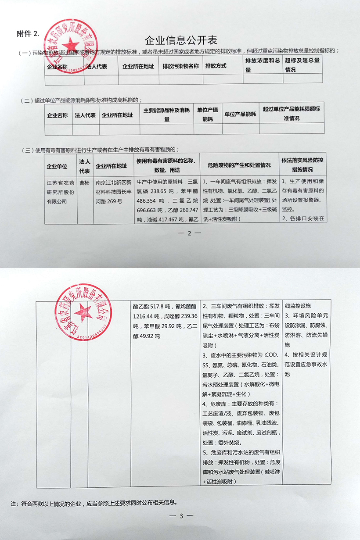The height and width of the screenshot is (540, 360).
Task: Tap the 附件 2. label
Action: pos(28,33)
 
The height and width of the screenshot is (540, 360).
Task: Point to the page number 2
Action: pos(190,233)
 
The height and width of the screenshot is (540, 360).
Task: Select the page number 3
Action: pos(180,516)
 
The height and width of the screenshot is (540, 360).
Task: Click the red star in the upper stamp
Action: pos(70,44)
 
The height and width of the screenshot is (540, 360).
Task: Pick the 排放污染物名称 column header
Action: pos(180,67)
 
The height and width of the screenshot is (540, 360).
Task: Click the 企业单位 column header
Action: pos(57,166)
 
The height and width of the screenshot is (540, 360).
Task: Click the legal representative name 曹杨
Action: pos(83,182)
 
